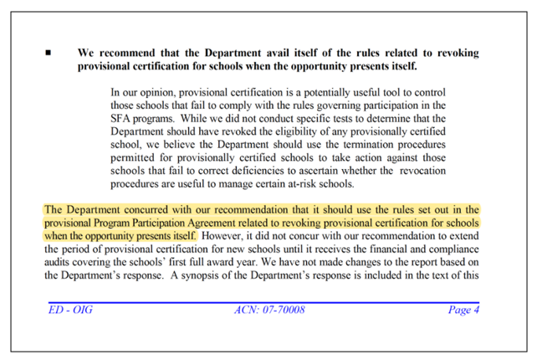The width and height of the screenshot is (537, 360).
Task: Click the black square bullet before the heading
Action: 48,53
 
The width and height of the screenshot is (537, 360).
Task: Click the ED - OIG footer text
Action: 69,311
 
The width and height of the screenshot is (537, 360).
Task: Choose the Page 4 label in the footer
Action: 463,311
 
